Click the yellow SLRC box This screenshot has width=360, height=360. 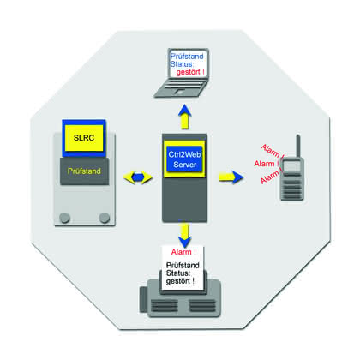coord(84,138)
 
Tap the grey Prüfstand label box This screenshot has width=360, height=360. coord(84,171)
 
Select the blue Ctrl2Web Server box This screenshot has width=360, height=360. coord(184,159)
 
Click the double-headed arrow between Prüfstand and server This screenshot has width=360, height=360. coord(138,177)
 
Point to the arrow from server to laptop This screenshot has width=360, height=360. coord(185,117)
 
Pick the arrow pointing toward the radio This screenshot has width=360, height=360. coord(231,177)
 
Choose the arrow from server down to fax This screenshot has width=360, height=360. coord(184,236)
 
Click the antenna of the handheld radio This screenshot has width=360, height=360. coord(297,146)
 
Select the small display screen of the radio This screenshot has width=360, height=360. coord(291,165)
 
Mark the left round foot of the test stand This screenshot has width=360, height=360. coord(64,218)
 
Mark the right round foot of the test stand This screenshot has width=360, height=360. coord(105,218)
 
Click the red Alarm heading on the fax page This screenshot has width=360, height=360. coord(183,252)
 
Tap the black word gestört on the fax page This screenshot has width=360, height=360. coord(178,281)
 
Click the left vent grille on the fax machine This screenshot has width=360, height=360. coord(164,306)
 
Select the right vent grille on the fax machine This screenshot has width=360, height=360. coord(202,306)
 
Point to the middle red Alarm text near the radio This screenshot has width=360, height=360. coord(266,164)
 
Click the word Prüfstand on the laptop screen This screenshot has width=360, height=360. coord(187,57)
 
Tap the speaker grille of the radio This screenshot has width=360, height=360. coord(291,189)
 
